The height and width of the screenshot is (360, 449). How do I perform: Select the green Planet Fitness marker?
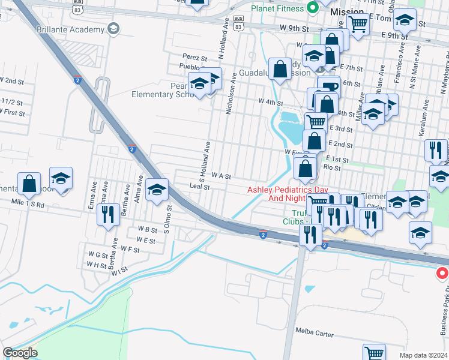312,8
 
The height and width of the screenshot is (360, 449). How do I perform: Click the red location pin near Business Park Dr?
442,274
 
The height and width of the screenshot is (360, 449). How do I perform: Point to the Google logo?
20,353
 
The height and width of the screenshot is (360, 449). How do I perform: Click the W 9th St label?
294,28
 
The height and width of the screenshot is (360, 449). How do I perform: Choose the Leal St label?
199,187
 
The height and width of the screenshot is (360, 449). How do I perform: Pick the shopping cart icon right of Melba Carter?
375,353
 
